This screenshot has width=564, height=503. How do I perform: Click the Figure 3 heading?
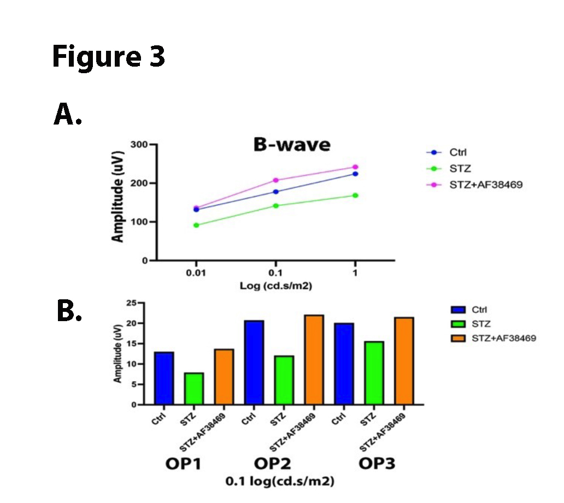coord(108,57)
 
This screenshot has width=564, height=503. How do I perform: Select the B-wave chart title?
coord(291,145)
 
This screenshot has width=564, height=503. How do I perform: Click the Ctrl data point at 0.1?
coord(276,192)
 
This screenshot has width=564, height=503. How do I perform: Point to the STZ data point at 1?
coord(355,196)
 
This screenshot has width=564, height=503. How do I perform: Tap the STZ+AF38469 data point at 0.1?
coord(276,180)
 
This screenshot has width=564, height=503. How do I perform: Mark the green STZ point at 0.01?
coord(196,225)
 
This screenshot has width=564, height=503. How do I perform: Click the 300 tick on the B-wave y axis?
coord(139,145)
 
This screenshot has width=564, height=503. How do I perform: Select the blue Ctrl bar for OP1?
coord(164,378)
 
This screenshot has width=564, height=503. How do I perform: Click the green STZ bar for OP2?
coord(285,380)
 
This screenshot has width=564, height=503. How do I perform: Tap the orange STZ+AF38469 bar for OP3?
coord(404,361)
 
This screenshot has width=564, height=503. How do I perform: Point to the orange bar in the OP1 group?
coord(224,377)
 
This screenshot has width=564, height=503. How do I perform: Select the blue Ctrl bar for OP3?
coord(344,364)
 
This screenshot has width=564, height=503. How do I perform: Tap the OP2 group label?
coord(272,464)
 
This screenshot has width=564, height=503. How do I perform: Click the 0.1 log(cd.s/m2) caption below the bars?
coord(280,482)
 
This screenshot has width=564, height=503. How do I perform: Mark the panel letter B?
coord(69,311)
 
